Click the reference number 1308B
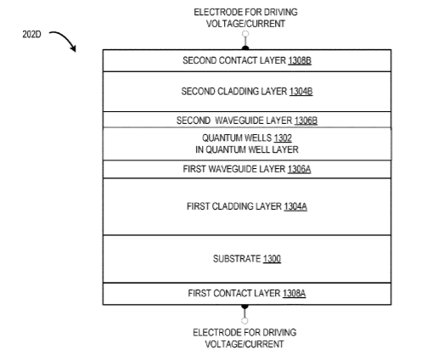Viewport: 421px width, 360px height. click(x=300, y=60)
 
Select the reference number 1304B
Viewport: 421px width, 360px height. click(x=300, y=92)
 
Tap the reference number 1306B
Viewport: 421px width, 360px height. click(x=306, y=121)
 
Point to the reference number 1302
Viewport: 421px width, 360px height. click(x=283, y=138)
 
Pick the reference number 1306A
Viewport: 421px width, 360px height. click(x=299, y=169)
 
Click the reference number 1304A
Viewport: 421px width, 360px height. click(x=295, y=206)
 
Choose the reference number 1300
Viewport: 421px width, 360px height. click(x=272, y=259)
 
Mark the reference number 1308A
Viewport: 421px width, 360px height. click(x=294, y=293)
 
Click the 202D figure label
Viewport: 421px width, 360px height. click(x=31, y=35)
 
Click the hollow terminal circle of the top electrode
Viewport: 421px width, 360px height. click(x=245, y=34)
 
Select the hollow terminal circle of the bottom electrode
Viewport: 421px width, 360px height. click(x=244, y=321)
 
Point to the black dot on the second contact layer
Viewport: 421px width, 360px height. click(x=245, y=48)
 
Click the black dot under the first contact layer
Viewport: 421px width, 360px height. click(x=244, y=307)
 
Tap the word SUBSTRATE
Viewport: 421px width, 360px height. click(x=237, y=259)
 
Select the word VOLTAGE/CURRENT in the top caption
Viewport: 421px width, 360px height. click(x=245, y=24)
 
